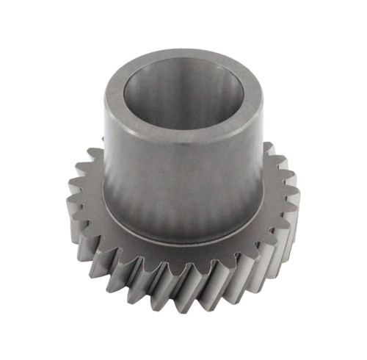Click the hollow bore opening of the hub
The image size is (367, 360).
point(183,96)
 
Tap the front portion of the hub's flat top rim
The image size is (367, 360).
point(183,133)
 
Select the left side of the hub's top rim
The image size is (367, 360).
point(112,96)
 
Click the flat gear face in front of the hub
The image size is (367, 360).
point(183,250)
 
